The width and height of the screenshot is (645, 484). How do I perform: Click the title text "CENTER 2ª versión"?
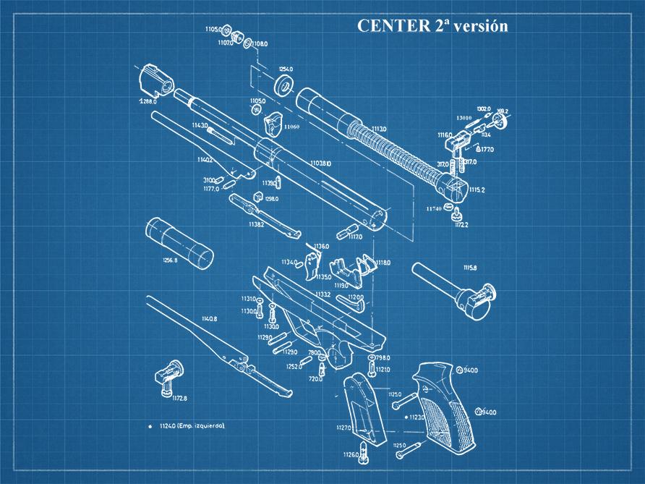tap(432, 26)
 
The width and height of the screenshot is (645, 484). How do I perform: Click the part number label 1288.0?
tap(148, 101)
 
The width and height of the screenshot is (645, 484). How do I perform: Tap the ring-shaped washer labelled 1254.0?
tap(287, 82)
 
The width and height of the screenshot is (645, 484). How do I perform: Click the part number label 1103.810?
tap(320, 164)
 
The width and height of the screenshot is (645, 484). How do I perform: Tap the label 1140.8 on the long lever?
tap(210, 318)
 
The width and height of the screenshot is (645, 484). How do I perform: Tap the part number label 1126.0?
tap(351, 454)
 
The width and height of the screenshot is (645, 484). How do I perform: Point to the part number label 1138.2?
tap(256, 224)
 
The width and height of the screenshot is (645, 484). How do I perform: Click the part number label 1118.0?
tap(383, 262)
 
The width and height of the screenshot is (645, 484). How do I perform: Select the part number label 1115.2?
tap(477, 190)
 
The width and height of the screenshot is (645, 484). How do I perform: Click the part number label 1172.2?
tap(461, 225)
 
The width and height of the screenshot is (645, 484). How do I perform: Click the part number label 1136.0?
tap(321, 246)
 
